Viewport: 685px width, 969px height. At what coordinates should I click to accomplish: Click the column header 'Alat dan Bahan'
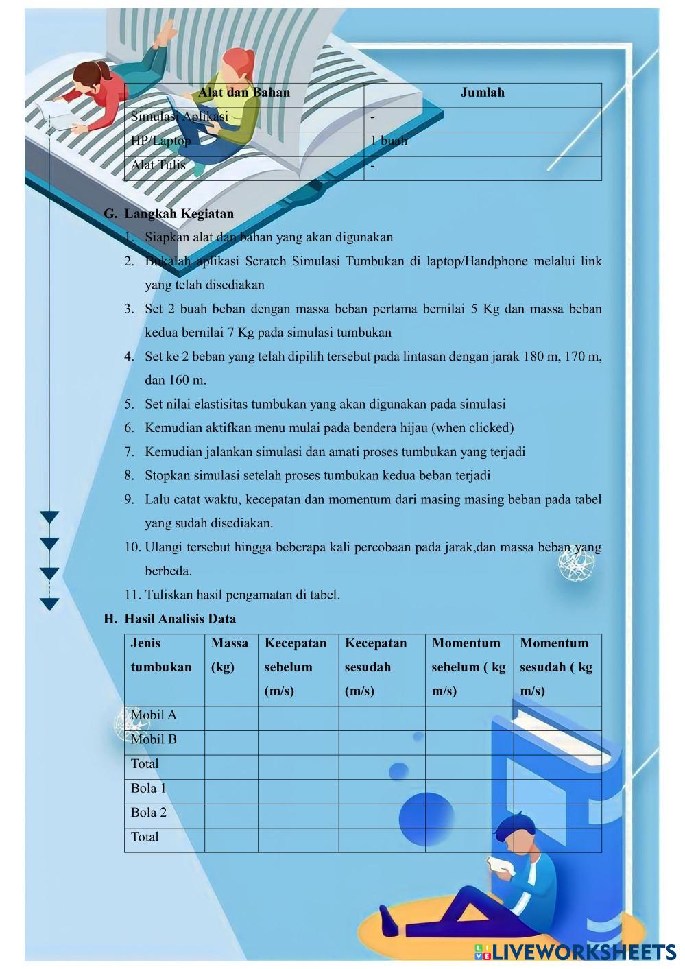tap(244, 93)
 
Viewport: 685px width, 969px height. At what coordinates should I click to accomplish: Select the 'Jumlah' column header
tap(482, 93)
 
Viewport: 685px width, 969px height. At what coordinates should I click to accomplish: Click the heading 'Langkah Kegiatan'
tap(179, 213)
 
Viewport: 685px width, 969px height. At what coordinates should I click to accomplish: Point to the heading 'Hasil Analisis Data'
tap(180, 619)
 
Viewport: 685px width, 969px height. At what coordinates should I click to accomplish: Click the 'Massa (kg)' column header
tap(230, 654)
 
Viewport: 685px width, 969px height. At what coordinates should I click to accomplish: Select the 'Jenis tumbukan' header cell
tap(161, 654)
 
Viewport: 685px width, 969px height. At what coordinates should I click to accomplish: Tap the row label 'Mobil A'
tap(154, 715)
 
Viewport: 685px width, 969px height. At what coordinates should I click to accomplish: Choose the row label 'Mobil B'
tap(154, 739)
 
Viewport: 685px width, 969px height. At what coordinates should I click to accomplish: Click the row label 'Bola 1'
tap(149, 788)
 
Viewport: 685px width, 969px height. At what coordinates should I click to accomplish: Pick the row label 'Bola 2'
tap(149, 813)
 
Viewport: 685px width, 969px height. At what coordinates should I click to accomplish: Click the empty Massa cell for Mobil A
tap(230, 715)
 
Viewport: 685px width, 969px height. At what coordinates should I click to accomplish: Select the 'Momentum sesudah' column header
tap(556, 666)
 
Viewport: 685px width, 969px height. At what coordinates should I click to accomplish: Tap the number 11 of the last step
tap(132, 595)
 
